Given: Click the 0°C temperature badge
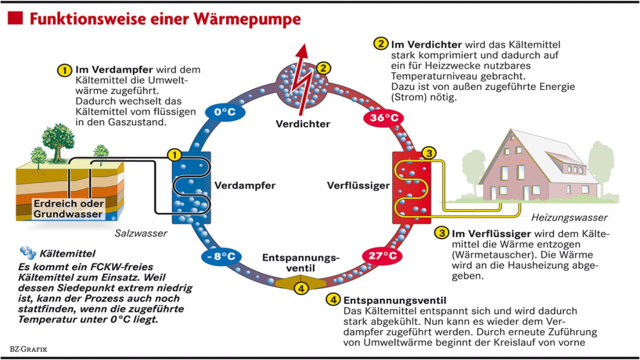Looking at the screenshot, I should [x=225, y=111].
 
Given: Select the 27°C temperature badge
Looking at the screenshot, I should [x=382, y=255].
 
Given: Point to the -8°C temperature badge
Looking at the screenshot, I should [x=221, y=256].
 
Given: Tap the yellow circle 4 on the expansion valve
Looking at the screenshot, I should [x=300, y=288].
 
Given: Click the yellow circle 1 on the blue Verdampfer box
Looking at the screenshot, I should [x=174, y=154].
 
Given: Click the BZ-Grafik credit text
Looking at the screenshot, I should [x=28, y=349].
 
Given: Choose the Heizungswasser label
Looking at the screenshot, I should [x=569, y=217].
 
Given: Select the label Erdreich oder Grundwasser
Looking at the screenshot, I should [x=68, y=209].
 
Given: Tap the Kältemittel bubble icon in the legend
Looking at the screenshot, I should [x=27, y=253].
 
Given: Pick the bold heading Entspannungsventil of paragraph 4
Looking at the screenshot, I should [x=395, y=300].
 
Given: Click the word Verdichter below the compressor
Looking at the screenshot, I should [x=303, y=123].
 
